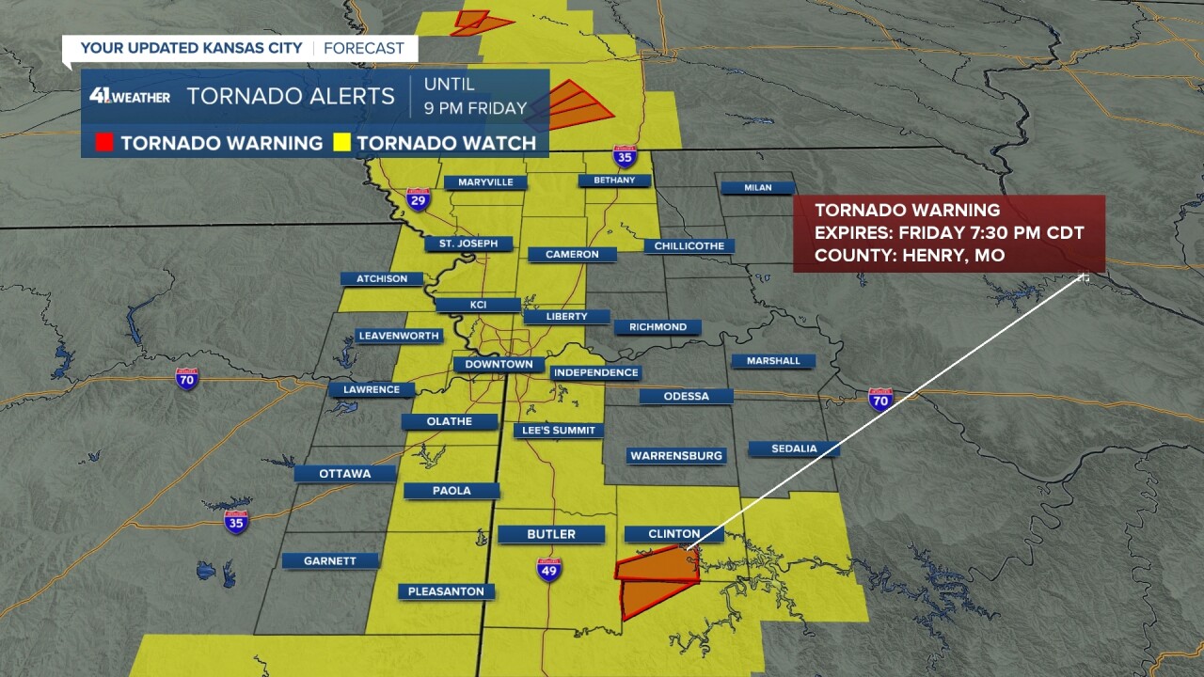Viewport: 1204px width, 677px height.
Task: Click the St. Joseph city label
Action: (x=468, y=244)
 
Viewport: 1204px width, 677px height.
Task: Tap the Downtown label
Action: (x=499, y=365)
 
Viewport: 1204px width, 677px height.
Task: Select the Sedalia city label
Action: (x=794, y=449)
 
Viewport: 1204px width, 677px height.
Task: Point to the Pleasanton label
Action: (x=446, y=591)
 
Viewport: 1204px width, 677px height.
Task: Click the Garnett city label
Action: (x=330, y=561)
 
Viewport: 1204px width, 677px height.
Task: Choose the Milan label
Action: (x=757, y=188)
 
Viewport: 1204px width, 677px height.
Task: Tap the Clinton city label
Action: (x=673, y=534)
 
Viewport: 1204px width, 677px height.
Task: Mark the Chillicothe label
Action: (x=689, y=246)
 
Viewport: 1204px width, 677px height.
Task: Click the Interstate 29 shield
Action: (x=419, y=199)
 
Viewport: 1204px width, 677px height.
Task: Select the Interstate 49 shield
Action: (x=549, y=570)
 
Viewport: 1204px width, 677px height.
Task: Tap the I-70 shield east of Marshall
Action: (x=880, y=399)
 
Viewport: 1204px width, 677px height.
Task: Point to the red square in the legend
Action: (x=104, y=143)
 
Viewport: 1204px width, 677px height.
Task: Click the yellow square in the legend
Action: (x=341, y=143)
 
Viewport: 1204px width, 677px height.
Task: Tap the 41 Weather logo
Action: (x=130, y=96)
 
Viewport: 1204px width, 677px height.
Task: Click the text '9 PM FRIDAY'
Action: (x=475, y=108)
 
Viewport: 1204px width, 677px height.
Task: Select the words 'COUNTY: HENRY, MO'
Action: (x=909, y=256)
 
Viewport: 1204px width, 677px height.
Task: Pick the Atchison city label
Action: (x=382, y=279)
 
